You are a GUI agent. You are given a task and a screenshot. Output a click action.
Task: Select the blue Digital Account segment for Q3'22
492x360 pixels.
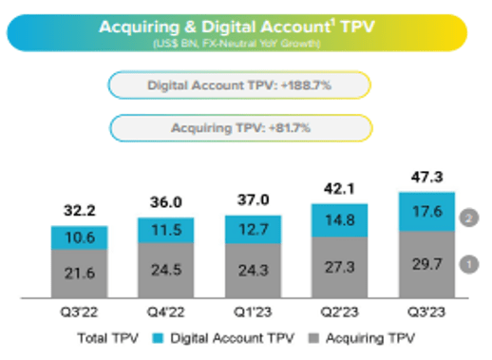coord(80,237)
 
